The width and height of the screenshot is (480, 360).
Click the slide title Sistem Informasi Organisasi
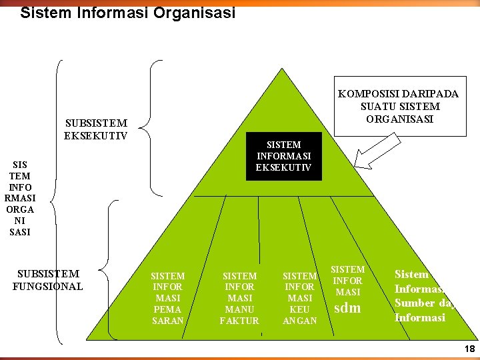[x=128, y=13]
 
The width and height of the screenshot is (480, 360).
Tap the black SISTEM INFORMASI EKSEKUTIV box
[x=283, y=156]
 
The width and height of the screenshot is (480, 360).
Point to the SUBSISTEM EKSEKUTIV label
[x=96, y=129]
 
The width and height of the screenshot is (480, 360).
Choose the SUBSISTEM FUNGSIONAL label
[x=47, y=280]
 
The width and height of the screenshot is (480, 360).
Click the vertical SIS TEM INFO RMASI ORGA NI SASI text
[x=20, y=198]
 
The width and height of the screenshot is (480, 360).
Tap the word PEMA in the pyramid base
[x=167, y=309]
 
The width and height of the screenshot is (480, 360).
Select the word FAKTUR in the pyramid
[x=239, y=321]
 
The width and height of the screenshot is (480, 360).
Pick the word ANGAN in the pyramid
[x=299, y=321]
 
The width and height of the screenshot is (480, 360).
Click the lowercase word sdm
[x=347, y=308]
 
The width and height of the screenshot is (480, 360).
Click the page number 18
[x=469, y=349]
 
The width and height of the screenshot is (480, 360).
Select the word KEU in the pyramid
[x=299, y=309]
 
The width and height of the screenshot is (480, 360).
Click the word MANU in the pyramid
[x=239, y=309]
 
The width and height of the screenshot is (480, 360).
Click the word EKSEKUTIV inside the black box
[x=283, y=167]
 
